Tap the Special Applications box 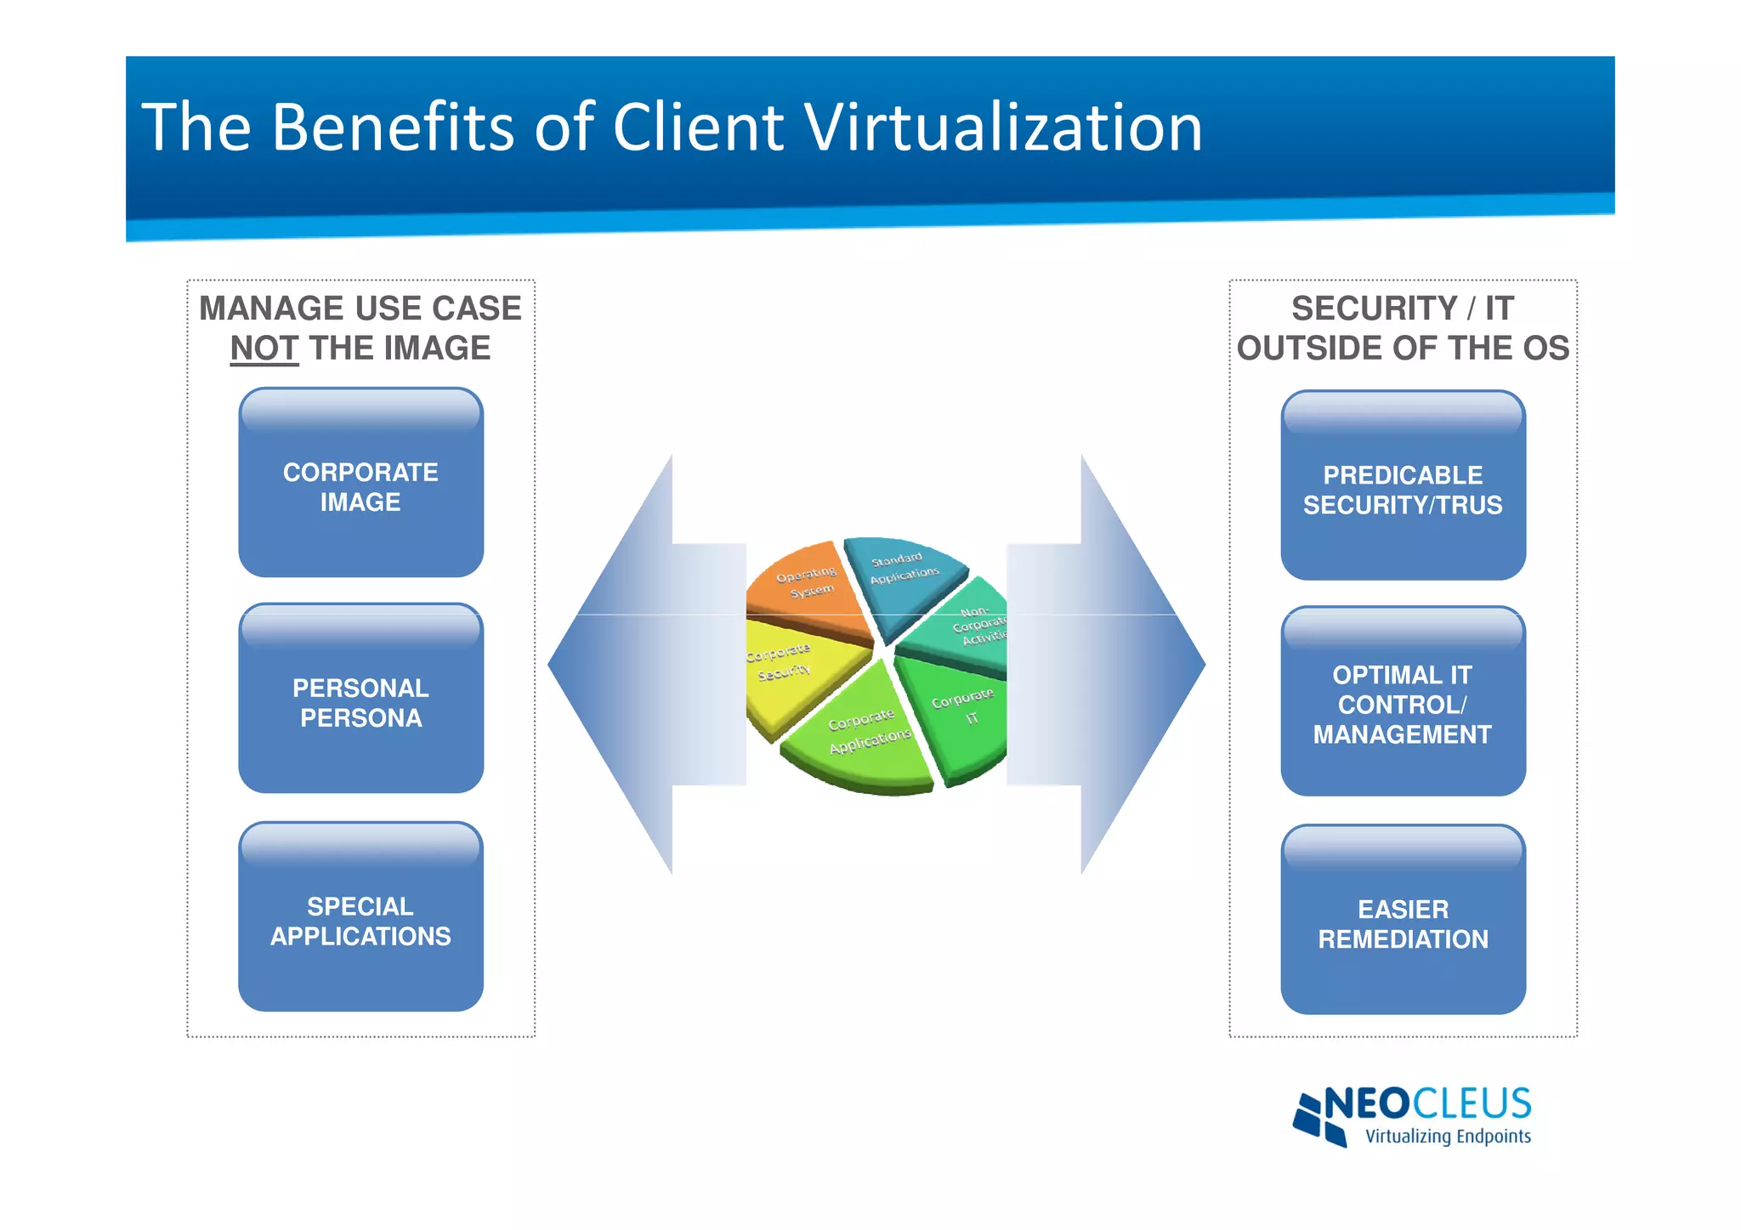[360, 917]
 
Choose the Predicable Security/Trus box [1403, 486]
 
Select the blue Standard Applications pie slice [903, 575]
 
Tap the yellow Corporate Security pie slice [791, 672]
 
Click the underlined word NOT [264, 349]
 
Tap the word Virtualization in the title [1003, 128]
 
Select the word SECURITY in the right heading [1374, 308]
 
